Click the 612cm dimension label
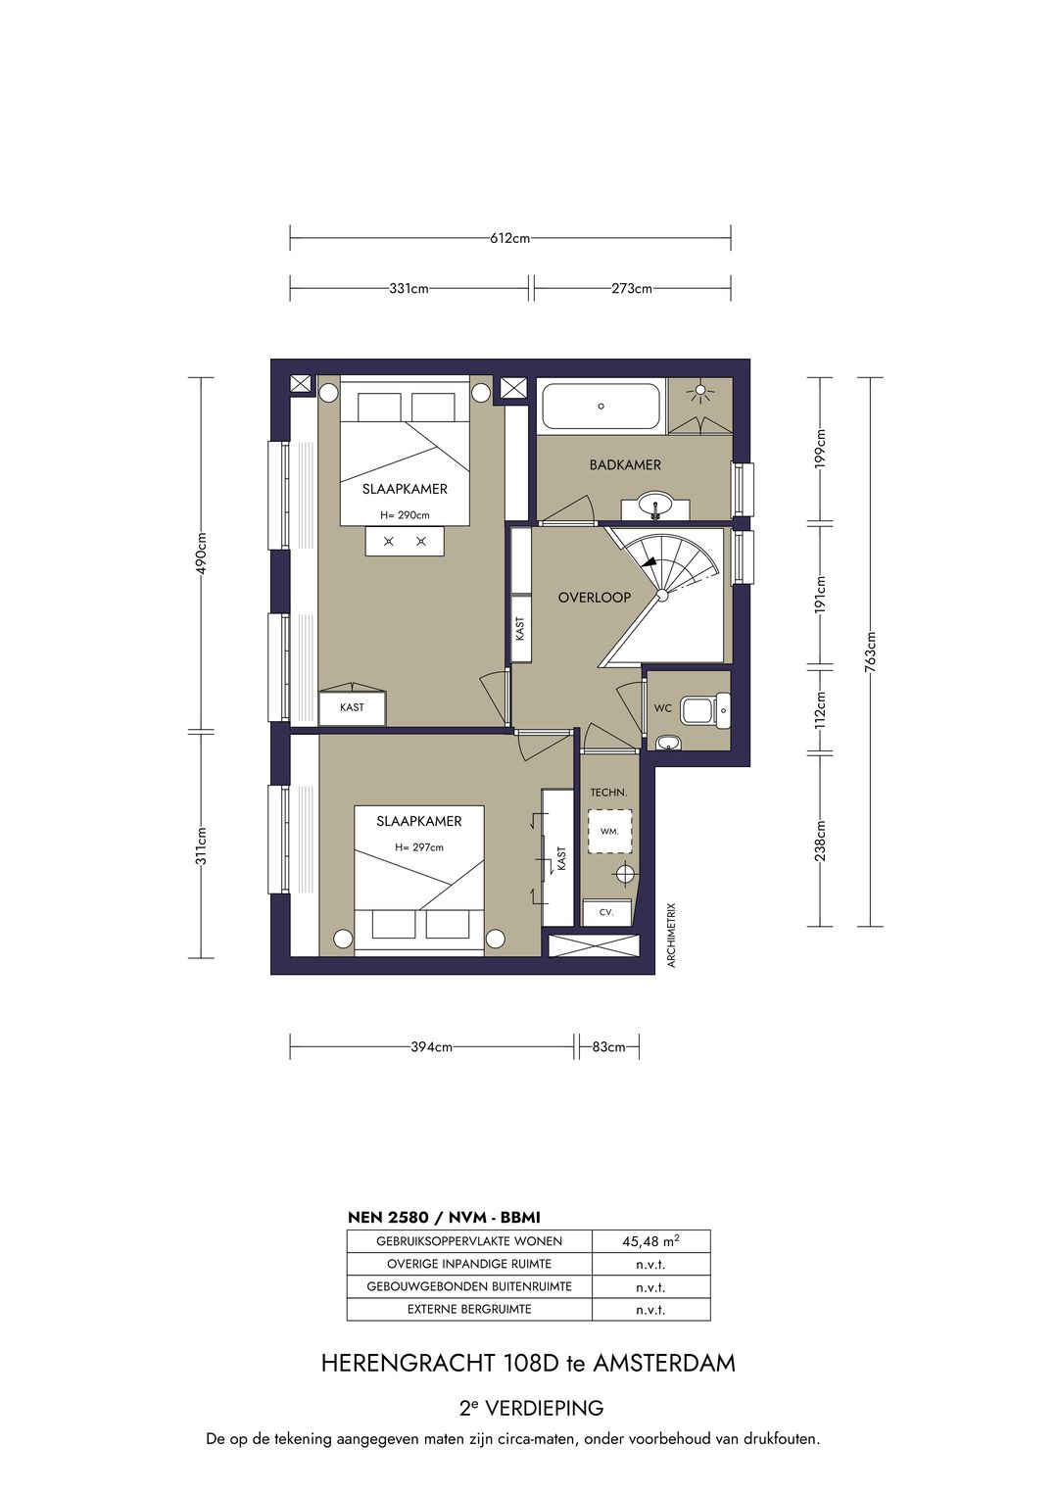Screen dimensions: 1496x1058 (509, 238)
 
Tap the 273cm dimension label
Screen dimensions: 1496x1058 (631, 289)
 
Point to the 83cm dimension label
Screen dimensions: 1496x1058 (608, 1047)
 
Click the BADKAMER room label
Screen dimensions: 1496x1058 (625, 464)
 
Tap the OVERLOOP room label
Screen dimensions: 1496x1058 (594, 597)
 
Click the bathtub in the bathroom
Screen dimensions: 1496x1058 (601, 406)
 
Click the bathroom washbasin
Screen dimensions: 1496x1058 (654, 507)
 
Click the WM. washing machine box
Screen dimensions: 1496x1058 (609, 831)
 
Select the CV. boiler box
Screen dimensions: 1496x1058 (606, 912)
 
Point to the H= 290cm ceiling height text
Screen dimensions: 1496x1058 (405, 515)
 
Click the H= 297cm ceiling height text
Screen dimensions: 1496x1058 (419, 847)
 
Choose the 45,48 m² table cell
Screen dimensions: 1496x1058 (650, 1241)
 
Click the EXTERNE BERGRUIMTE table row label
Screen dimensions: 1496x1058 (469, 1309)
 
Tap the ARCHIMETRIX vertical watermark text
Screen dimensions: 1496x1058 (672, 936)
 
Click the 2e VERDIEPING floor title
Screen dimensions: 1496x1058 (531, 1409)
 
